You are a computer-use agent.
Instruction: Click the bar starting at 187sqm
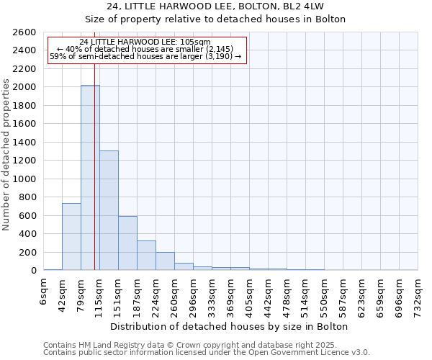pos(146,255)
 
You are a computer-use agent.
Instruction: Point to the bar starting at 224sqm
pos(165,261)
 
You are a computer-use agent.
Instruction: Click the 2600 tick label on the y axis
pos(23,32)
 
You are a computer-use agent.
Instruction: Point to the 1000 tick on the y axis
pos(23,179)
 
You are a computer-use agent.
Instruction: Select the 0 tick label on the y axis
pos(33,270)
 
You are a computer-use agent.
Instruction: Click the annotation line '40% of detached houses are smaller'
pos(146,49)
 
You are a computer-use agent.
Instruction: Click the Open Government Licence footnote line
pos(207,353)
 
